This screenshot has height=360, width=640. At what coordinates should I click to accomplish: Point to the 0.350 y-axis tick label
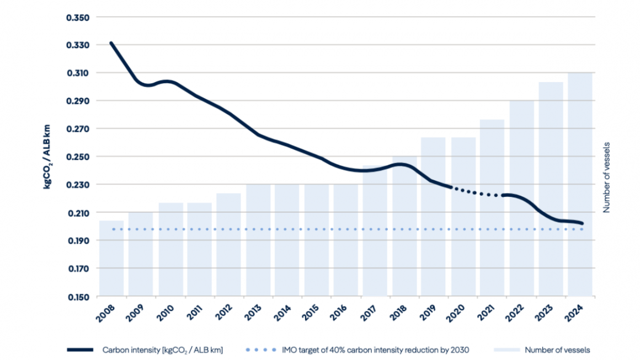pos(77,17)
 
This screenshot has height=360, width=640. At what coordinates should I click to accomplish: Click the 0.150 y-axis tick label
pos(77,297)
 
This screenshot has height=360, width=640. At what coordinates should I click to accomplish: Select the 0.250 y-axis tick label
pos(77,157)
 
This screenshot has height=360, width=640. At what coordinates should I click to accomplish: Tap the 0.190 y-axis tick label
pos(77,240)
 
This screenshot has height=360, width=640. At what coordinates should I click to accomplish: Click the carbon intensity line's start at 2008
pos(111,43)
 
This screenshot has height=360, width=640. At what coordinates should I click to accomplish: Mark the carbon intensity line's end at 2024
pos(582,223)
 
